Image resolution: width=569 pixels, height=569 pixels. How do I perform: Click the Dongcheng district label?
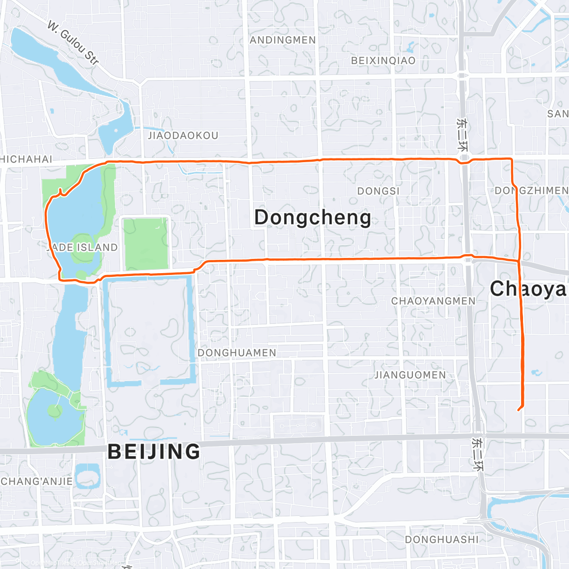(312, 218)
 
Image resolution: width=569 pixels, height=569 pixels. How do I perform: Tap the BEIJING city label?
(154, 451)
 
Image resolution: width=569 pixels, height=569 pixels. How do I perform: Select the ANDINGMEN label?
(283, 40)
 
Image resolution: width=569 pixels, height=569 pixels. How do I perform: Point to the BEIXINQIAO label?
(383, 61)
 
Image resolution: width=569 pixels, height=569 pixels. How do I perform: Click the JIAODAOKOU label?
(183, 136)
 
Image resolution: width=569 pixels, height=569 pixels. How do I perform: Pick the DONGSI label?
(378, 191)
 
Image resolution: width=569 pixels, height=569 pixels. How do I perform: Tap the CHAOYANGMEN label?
(433, 301)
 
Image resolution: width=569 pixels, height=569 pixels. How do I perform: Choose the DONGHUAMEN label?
(237, 353)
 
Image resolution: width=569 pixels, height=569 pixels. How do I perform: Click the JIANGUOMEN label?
(410, 375)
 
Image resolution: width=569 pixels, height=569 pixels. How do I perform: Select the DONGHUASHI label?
(441, 540)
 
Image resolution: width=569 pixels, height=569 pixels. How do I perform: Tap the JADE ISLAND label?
(83, 248)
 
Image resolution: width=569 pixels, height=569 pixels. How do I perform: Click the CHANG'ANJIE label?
(37, 481)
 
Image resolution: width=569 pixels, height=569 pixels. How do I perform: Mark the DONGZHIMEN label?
(531, 191)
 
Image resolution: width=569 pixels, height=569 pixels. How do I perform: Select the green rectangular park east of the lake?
(146, 243)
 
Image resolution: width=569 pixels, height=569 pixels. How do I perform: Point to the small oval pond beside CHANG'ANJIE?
(87, 476)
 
